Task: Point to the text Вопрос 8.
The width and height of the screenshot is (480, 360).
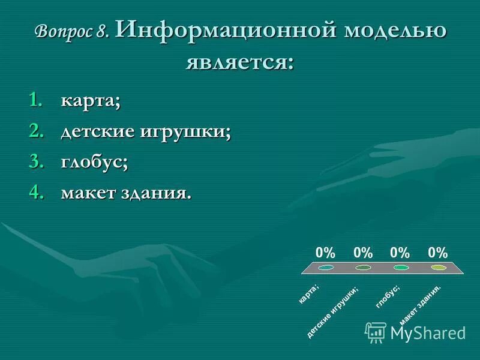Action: [x=72, y=32]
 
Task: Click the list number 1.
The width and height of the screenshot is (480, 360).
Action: [x=37, y=101]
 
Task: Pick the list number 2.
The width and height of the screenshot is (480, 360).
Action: [x=37, y=132]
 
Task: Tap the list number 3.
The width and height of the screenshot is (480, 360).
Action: [x=37, y=163]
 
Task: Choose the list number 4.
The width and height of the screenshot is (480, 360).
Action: [x=37, y=193]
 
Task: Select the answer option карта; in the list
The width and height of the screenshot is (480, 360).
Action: [x=90, y=101]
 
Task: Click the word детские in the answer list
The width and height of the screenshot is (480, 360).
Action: [x=98, y=132]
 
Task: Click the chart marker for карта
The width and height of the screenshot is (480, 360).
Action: [x=326, y=268]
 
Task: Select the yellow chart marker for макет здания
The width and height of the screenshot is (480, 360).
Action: [x=439, y=268]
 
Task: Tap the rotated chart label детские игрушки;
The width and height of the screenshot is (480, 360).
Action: [x=334, y=312]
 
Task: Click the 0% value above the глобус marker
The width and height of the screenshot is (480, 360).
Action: [x=400, y=253]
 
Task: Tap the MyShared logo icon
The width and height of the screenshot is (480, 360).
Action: [x=376, y=331]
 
